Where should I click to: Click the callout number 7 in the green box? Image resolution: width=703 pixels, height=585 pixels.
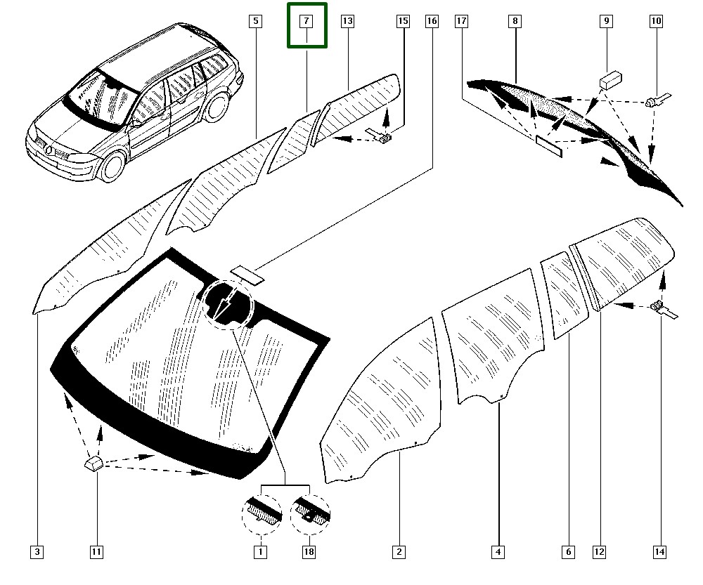pyautogui.click(x=307, y=22)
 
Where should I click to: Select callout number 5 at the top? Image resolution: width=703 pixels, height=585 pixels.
pyautogui.click(x=256, y=22)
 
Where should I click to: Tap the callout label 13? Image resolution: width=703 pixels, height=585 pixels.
pyautogui.click(x=347, y=22)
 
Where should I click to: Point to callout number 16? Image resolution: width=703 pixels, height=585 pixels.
pyautogui.click(x=432, y=22)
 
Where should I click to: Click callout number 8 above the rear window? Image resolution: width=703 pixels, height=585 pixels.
pyautogui.click(x=515, y=22)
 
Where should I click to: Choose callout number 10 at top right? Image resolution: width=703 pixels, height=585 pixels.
pyautogui.click(x=655, y=22)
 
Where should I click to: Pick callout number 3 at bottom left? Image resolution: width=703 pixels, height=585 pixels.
pyautogui.click(x=37, y=553)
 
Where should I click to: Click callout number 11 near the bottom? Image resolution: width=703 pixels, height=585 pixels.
pyautogui.click(x=96, y=553)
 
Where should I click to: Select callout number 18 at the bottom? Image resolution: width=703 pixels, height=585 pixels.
pyautogui.click(x=309, y=553)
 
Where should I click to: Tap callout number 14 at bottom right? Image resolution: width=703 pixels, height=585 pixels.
pyautogui.click(x=659, y=553)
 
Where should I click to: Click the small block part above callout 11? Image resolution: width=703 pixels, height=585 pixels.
pyautogui.click(x=93, y=463)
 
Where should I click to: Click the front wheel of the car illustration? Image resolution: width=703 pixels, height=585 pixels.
pyautogui.click(x=112, y=166)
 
